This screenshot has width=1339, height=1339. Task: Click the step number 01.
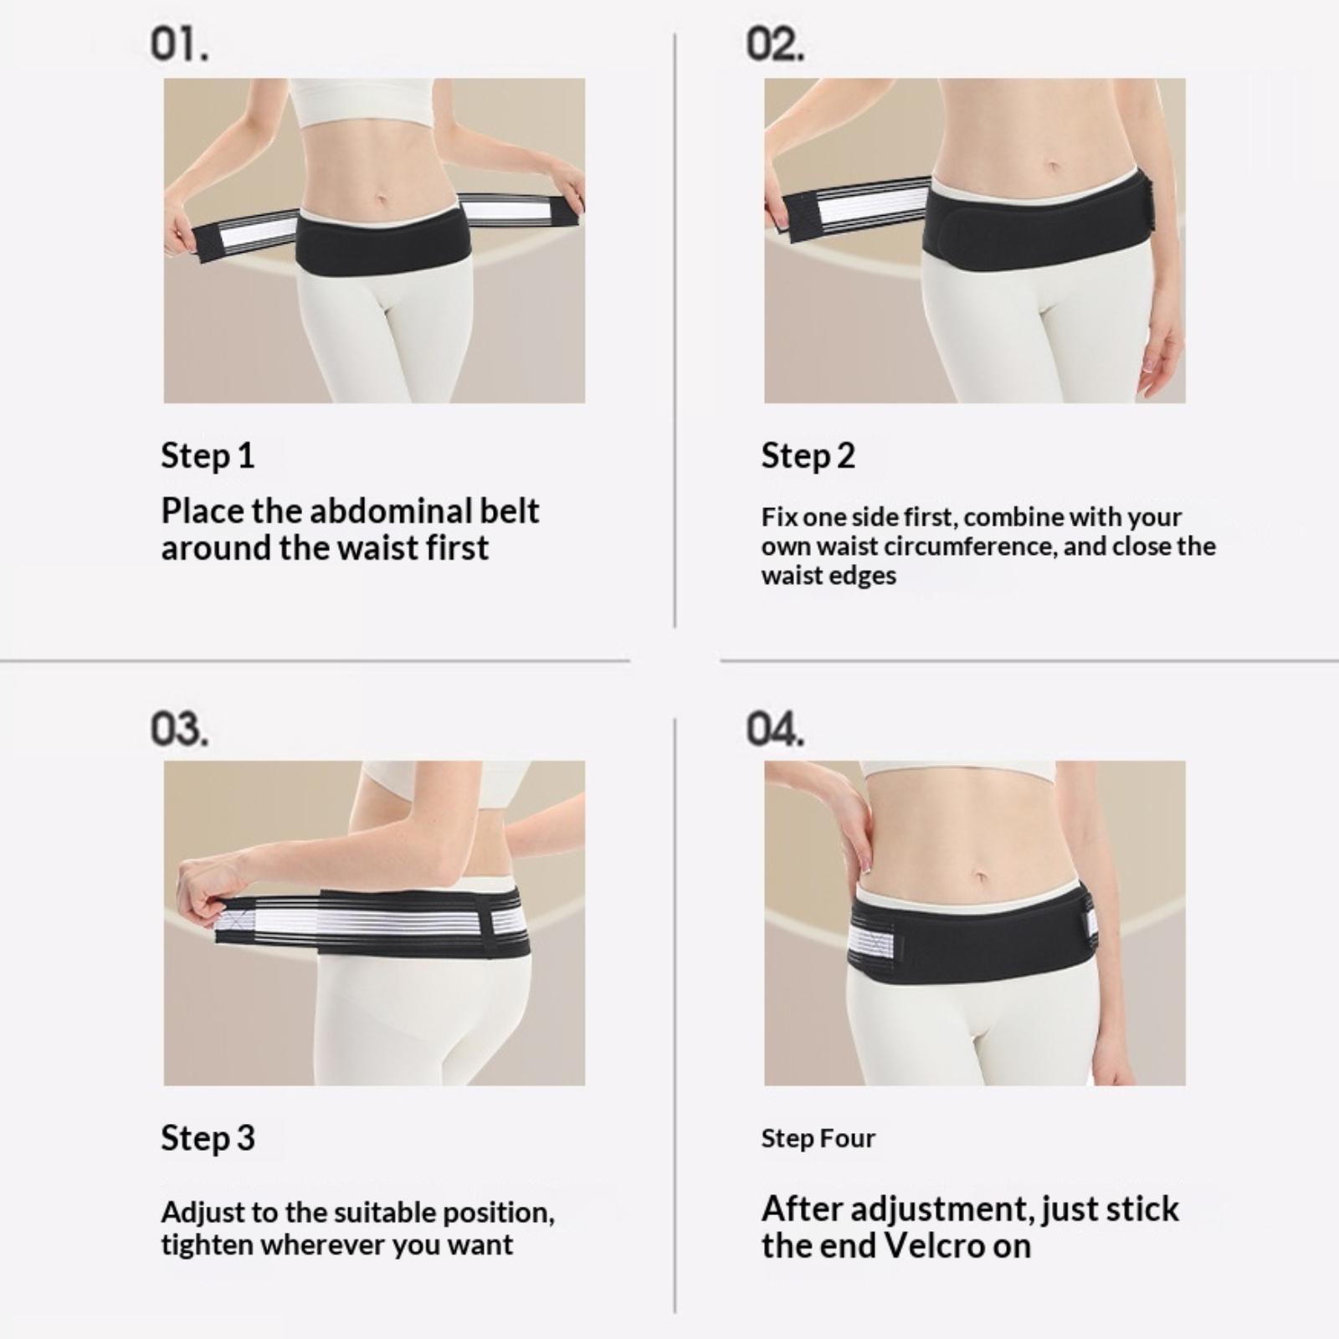pyautogui.click(x=179, y=44)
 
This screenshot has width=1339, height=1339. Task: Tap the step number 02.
pyautogui.click(x=776, y=44)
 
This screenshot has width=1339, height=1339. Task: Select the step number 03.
pyautogui.click(x=179, y=728)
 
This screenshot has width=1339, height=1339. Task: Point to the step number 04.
pyautogui.click(x=776, y=728)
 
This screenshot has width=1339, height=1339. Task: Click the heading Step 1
pyautogui.click(x=208, y=456)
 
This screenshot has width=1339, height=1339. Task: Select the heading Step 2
pyautogui.click(x=808, y=456)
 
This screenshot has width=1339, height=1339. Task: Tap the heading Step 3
pyautogui.click(x=208, y=1138)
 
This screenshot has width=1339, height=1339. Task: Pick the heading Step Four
pyautogui.click(x=818, y=1138)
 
